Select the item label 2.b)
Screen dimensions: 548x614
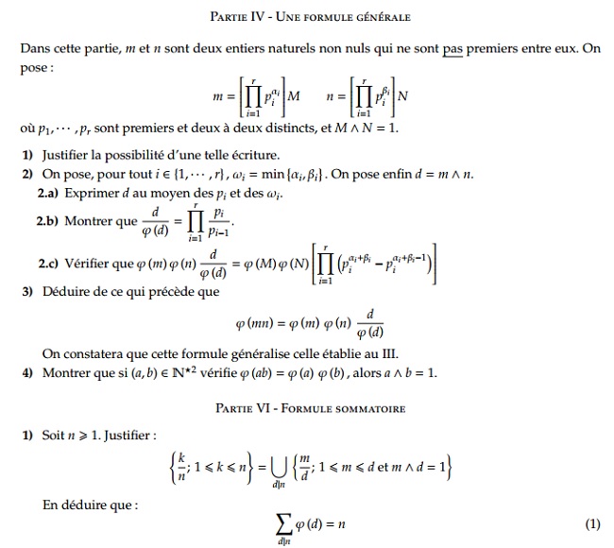[x=49, y=225]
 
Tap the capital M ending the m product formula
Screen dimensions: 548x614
[x=293, y=95]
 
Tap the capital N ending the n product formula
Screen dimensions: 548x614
[x=403, y=95]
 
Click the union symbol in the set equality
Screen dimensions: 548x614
[x=280, y=464]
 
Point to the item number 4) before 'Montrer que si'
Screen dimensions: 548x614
[x=28, y=373]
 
